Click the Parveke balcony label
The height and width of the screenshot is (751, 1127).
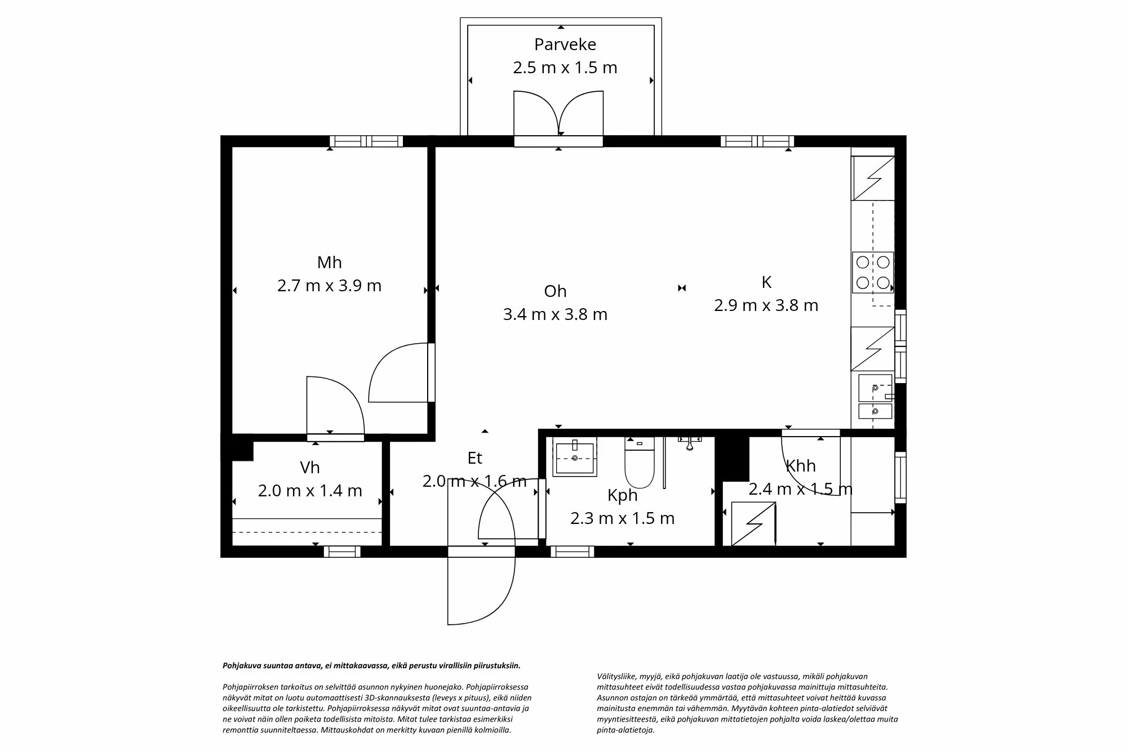565,44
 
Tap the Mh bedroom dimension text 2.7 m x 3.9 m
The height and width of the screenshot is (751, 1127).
329,286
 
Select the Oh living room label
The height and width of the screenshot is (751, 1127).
555,291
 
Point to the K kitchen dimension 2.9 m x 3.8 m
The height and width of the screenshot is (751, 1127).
766,305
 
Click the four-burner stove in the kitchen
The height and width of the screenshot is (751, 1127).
872,272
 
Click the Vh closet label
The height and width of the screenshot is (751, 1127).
310,468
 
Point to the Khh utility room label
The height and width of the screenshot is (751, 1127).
800,466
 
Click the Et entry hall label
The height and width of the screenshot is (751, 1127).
474,458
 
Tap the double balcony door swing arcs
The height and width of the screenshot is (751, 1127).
558,113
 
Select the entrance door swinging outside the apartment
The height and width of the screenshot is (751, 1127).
480,589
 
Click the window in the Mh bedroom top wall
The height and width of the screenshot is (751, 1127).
366,141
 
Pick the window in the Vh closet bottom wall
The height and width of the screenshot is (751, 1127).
342,552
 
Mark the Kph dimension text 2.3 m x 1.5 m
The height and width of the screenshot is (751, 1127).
622,518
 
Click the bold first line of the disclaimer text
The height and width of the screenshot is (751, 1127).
371,665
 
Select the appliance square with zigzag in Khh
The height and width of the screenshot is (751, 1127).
753,524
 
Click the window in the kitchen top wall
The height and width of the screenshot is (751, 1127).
757,141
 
